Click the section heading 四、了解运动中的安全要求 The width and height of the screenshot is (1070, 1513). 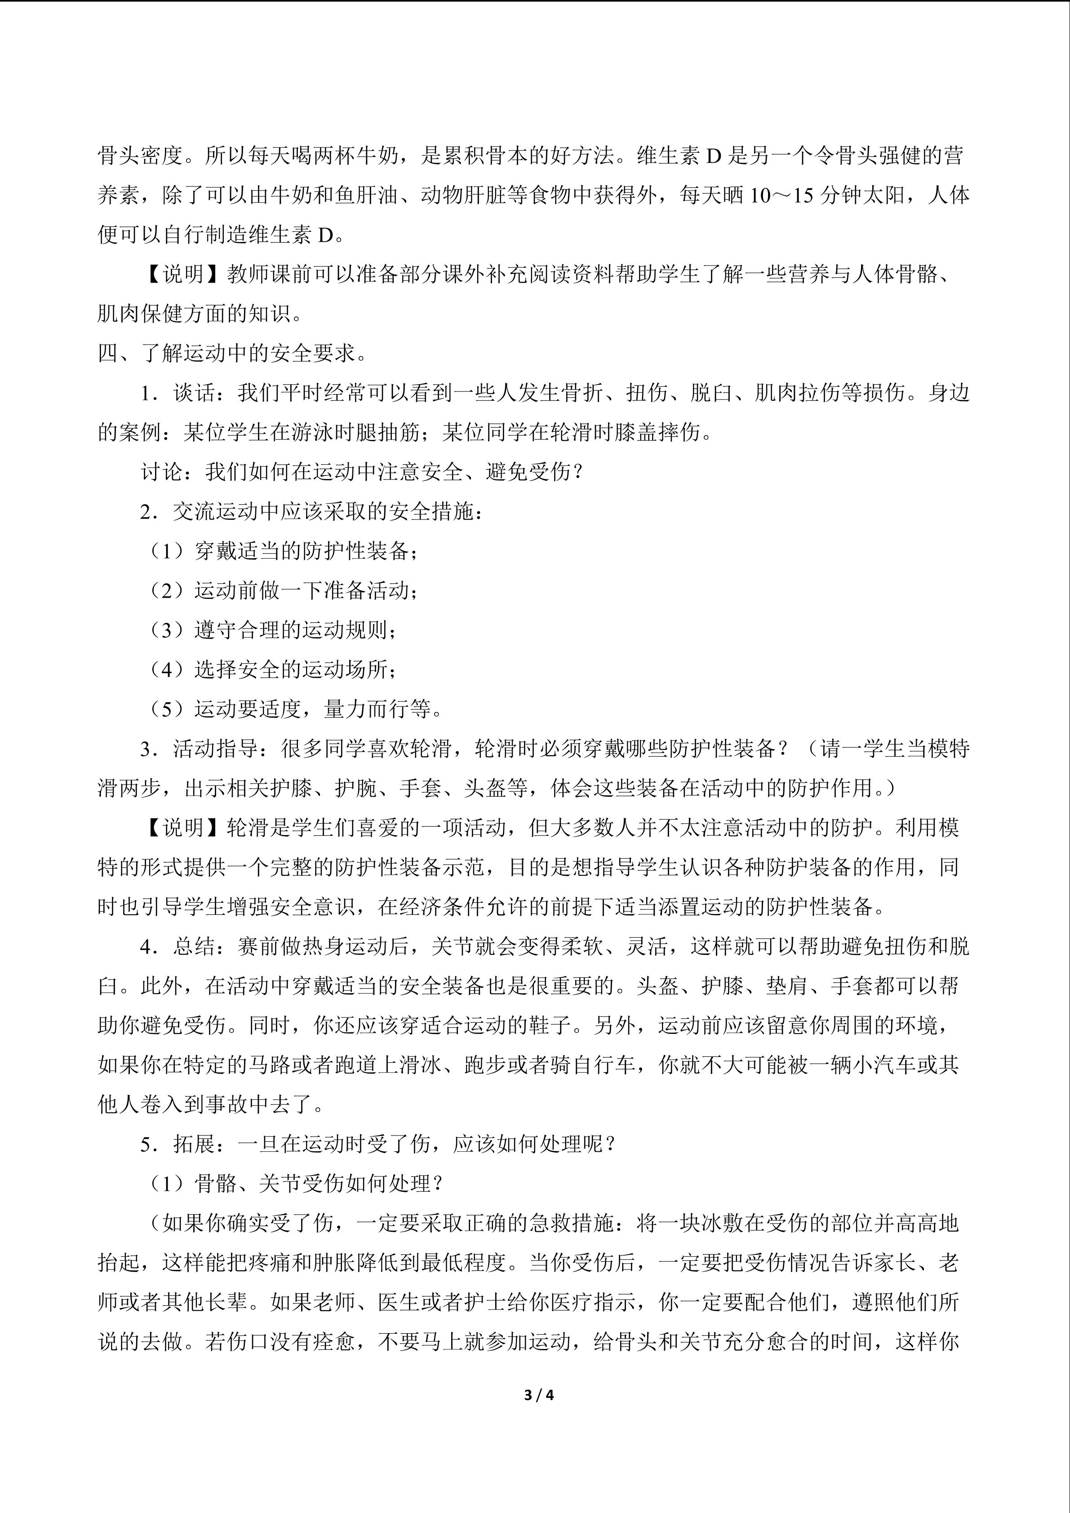click(x=232, y=353)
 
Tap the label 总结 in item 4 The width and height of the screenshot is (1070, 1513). click(x=195, y=946)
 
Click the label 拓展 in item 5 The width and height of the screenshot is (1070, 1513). click(x=195, y=1144)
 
